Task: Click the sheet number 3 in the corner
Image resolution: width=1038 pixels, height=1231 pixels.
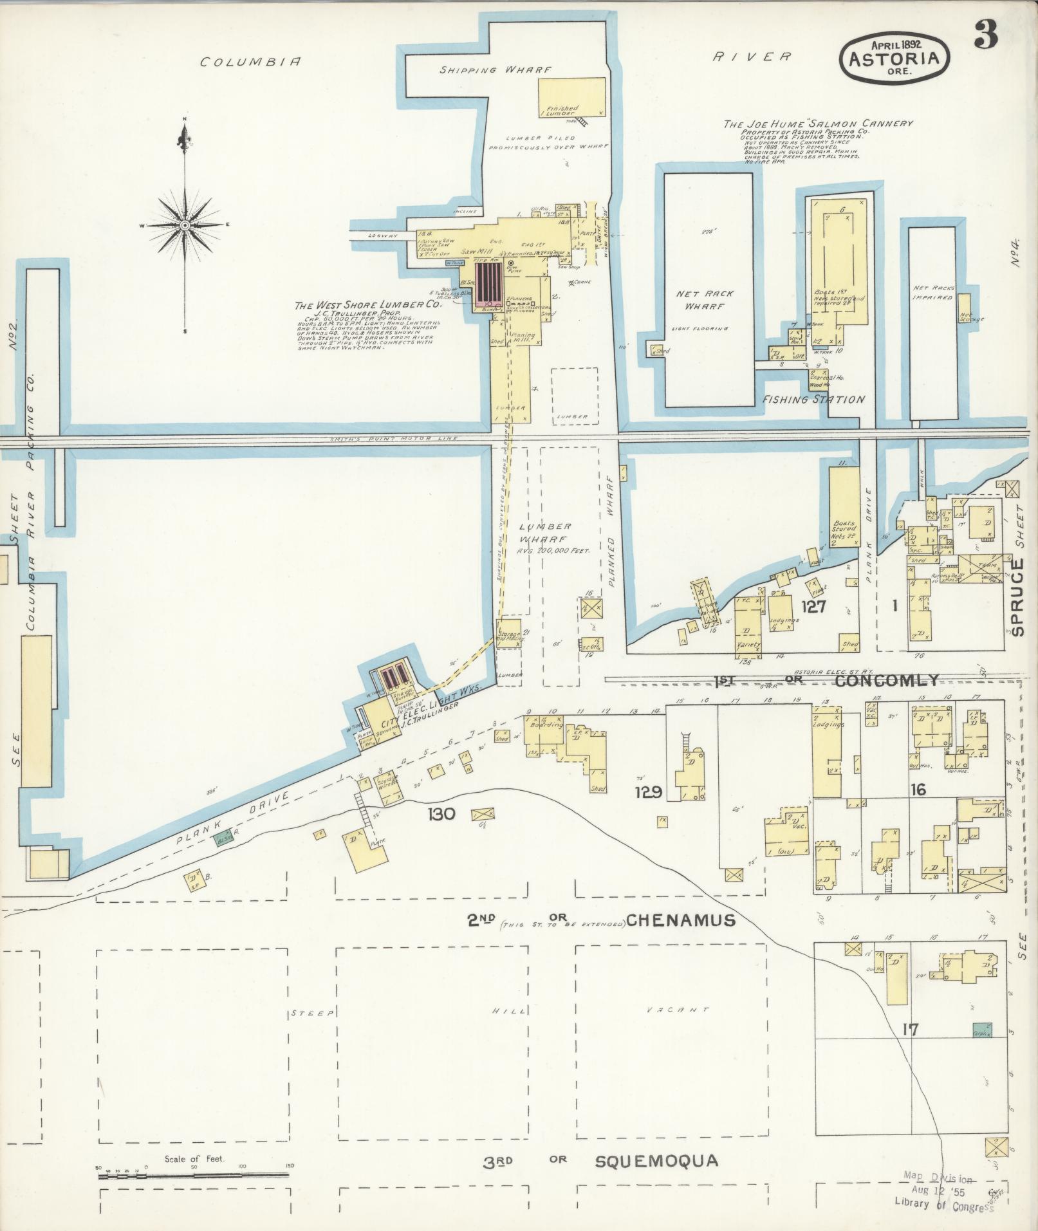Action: point(985,35)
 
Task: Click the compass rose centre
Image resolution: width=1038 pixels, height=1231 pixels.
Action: point(185,225)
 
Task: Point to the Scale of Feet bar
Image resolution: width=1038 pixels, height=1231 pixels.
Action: point(193,1175)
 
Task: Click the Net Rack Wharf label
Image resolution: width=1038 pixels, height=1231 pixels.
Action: point(705,300)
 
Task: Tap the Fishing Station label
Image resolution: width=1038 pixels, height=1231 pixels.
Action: point(813,400)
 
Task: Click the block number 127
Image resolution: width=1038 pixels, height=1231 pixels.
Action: point(813,606)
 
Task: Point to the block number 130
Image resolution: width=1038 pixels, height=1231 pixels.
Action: point(441,814)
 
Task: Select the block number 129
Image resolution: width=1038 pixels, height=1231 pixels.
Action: point(648,791)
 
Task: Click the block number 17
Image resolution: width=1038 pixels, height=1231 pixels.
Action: point(910,1030)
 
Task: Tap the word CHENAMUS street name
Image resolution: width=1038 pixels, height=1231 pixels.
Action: point(680,921)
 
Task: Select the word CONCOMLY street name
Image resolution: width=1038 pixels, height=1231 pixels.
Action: point(887,681)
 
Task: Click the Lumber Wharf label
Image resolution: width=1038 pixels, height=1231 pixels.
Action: point(544,533)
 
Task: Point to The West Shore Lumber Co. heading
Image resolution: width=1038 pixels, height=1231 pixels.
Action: point(367,306)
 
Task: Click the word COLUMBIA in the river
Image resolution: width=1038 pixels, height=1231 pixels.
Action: point(250,62)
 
